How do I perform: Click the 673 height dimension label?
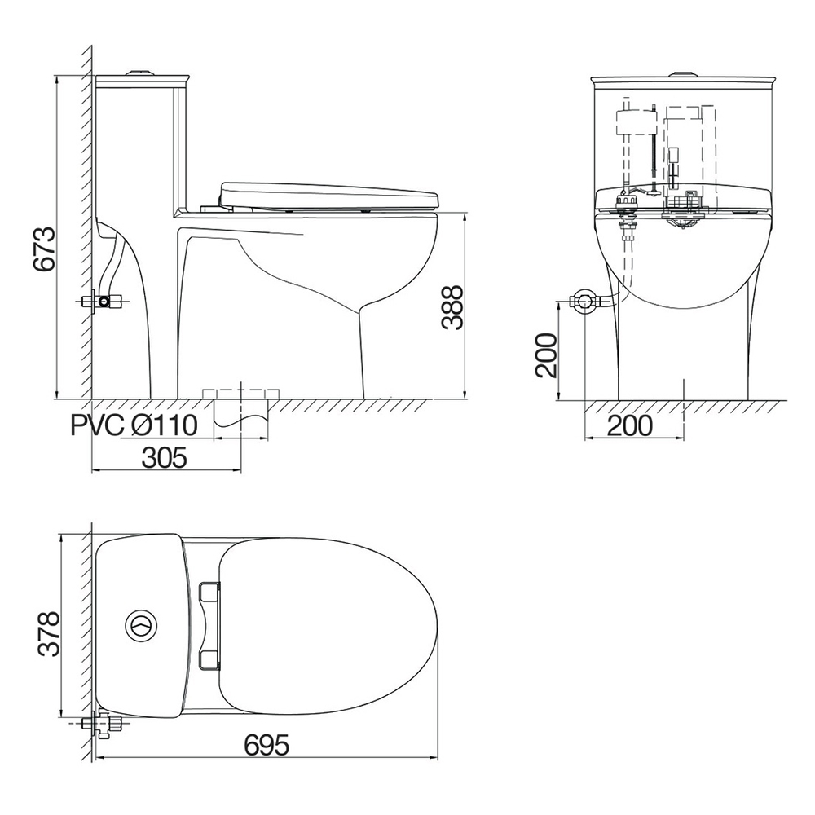click(44, 249)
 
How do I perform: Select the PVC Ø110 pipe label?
click(134, 425)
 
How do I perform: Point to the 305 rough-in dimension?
click(164, 458)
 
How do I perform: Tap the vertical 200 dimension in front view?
click(548, 355)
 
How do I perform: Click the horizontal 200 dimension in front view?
click(629, 425)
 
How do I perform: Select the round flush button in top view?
click(140, 625)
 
